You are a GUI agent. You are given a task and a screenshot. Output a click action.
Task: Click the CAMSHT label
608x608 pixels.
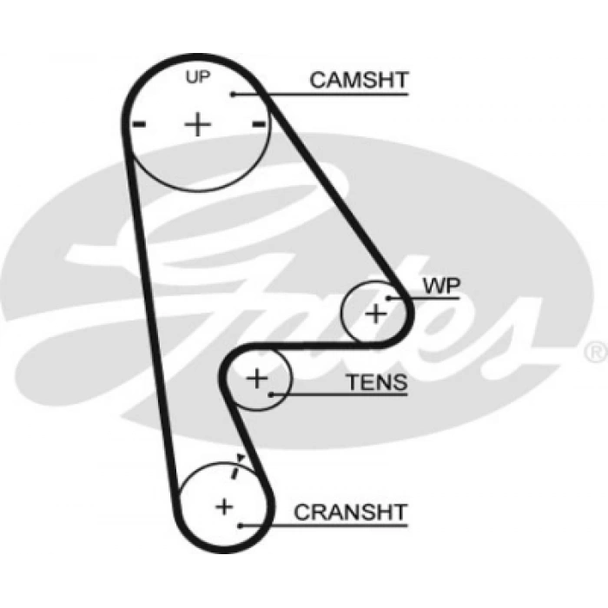[359, 81]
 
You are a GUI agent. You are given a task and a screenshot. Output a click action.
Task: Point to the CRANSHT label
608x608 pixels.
[350, 512]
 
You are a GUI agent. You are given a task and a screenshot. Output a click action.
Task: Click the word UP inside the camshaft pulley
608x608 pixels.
[198, 77]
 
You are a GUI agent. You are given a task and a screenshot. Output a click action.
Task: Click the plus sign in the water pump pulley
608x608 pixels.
[375, 313]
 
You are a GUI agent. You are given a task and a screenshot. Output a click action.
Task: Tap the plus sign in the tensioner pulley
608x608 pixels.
[257, 378]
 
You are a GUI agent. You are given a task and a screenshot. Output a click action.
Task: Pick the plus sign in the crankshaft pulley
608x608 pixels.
[224, 506]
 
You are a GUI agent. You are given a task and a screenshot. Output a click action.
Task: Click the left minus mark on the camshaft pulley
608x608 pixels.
[138, 125]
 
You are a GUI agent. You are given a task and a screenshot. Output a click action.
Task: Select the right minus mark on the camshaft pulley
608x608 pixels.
[258, 125]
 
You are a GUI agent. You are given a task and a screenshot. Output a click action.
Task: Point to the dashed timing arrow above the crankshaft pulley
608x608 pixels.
[236, 466]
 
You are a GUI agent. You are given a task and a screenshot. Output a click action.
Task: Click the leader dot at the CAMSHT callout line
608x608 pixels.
[233, 94]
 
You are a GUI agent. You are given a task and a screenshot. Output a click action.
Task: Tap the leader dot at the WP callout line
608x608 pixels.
[390, 298]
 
